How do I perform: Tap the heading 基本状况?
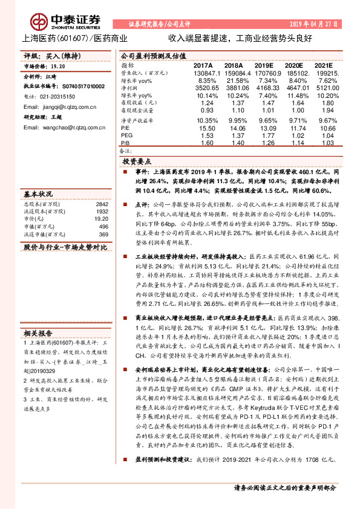point(38,195)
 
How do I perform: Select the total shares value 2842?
point(102,204)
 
